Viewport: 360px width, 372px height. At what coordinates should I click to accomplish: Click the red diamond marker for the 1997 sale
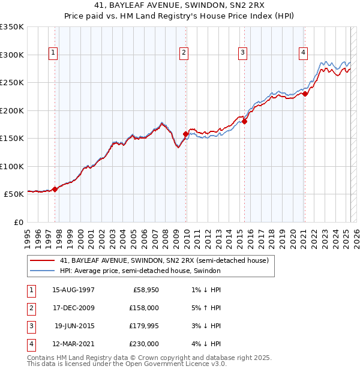(55, 189)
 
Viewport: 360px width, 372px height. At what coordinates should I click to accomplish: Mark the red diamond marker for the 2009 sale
(185, 134)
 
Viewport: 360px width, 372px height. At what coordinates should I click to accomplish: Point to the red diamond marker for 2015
(244, 121)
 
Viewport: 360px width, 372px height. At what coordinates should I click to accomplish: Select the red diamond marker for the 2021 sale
(305, 94)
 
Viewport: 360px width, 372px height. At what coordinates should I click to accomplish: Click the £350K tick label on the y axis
(12, 27)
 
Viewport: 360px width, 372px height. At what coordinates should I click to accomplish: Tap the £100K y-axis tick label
(12, 166)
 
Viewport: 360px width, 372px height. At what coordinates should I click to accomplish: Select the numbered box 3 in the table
(30, 326)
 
